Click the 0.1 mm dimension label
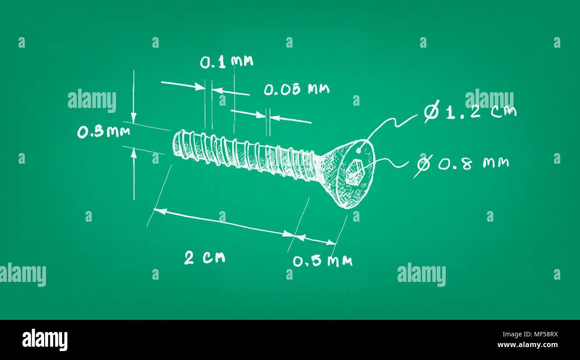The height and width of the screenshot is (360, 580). pyautogui.click(x=227, y=62)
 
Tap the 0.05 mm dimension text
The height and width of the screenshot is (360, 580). pyautogui.click(x=297, y=89)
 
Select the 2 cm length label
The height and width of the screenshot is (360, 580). pyautogui.click(x=205, y=258)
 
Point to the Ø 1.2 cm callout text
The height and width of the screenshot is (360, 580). pyautogui.click(x=470, y=112)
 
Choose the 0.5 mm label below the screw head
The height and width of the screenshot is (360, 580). pyautogui.click(x=323, y=261)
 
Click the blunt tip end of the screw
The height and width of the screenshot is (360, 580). pyautogui.click(x=177, y=143)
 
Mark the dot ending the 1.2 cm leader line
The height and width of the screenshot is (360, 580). pyautogui.click(x=358, y=150)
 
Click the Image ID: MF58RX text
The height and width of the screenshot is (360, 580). pyautogui.click(x=530, y=334)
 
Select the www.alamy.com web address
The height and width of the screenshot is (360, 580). pyautogui.click(x=527, y=345)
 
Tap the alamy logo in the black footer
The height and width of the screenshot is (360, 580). pyautogui.click(x=45, y=339)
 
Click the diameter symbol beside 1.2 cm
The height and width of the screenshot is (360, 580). pyautogui.click(x=432, y=111)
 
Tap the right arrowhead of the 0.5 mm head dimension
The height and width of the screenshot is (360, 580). pyautogui.click(x=331, y=243)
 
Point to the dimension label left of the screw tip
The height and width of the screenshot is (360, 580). pyautogui.click(x=104, y=132)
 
